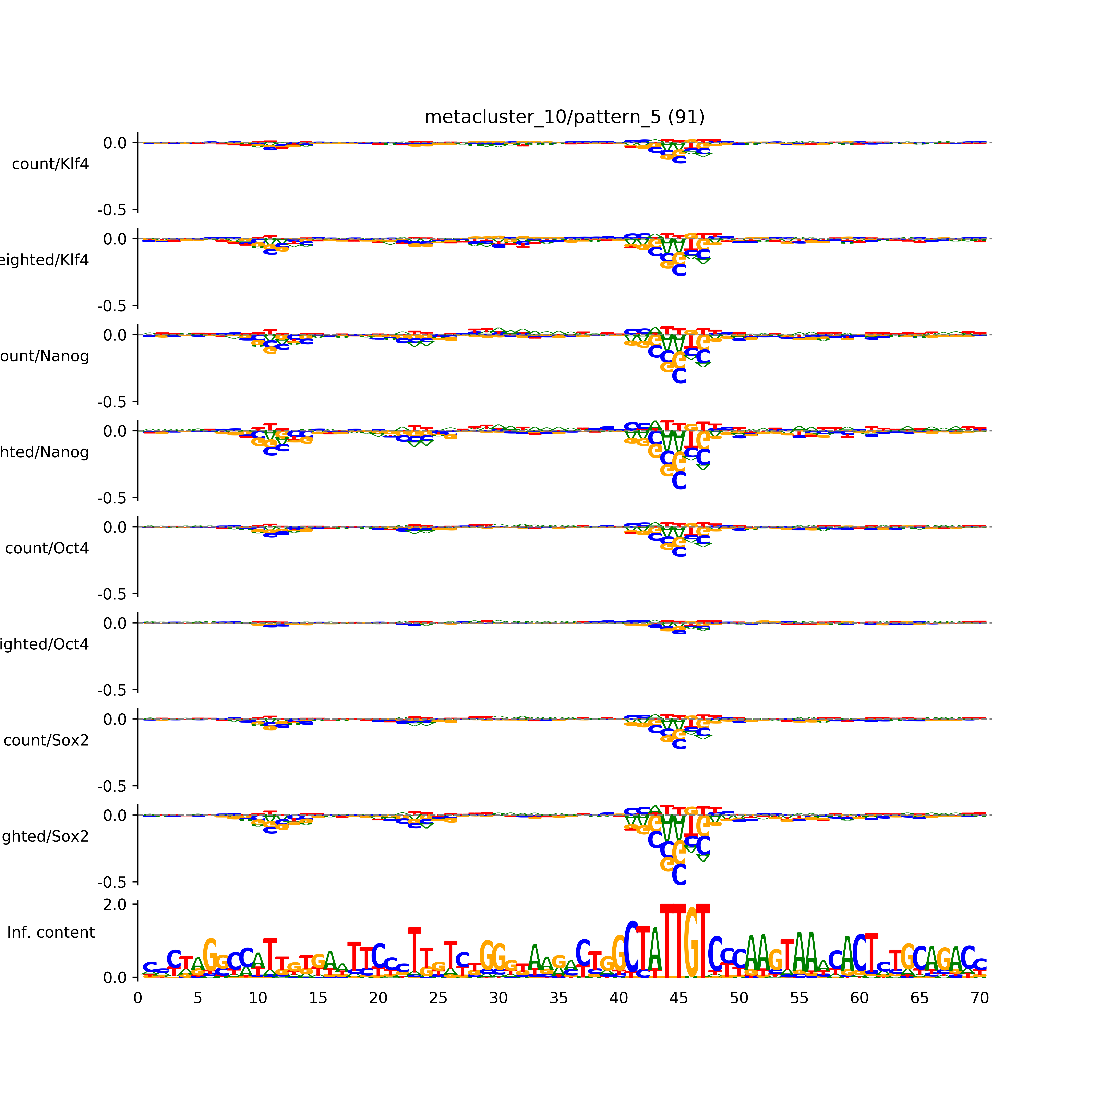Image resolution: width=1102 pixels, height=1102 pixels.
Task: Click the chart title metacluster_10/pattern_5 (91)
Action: [564, 117]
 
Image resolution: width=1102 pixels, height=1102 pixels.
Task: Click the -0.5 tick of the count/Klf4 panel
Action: [112, 210]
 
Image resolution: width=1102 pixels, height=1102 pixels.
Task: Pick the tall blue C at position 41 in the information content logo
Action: [631, 947]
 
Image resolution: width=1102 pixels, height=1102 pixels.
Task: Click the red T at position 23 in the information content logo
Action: [415, 950]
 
